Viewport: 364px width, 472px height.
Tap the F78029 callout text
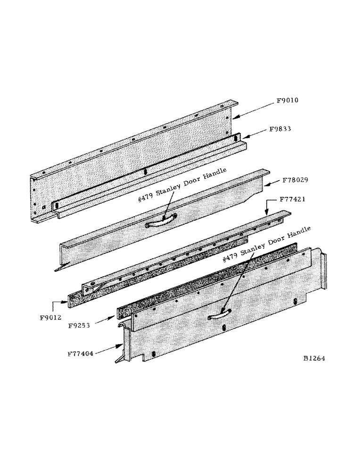[296, 180]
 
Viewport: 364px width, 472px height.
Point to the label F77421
[293, 200]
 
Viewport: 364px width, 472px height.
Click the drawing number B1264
[314, 358]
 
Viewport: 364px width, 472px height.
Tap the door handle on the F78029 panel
[161, 220]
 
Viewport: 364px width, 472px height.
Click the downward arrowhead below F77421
[267, 213]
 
